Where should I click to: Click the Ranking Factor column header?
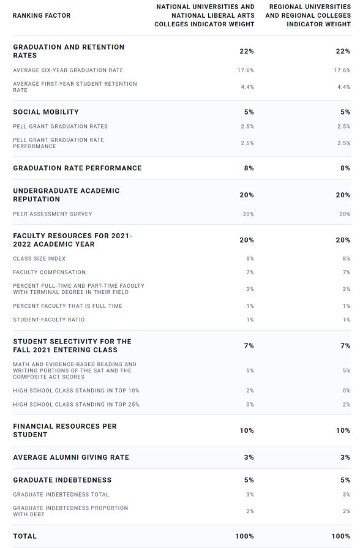[x=42, y=15]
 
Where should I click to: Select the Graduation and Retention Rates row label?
[x=69, y=51]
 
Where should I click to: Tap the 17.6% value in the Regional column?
[x=342, y=70]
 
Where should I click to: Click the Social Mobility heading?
[x=46, y=112]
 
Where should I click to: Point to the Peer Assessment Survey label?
[x=53, y=214]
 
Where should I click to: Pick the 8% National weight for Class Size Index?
[x=250, y=258]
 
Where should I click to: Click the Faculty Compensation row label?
[x=49, y=272]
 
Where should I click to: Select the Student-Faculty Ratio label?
[x=49, y=320]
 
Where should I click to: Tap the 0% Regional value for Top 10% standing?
[x=347, y=391]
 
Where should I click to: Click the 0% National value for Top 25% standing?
[x=250, y=404]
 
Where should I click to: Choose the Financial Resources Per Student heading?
[x=65, y=430]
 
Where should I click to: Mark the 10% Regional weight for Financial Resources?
[x=343, y=430]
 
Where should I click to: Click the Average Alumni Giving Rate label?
[x=71, y=457]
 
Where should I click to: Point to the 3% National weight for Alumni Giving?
[x=249, y=457]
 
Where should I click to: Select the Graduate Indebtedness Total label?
[x=61, y=495]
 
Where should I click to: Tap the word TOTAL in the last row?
[x=25, y=536]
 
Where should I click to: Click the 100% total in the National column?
[x=245, y=536]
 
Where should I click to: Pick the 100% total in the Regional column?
[x=341, y=536]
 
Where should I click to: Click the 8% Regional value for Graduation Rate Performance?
[x=345, y=168]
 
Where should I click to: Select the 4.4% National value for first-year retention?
[x=247, y=87]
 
